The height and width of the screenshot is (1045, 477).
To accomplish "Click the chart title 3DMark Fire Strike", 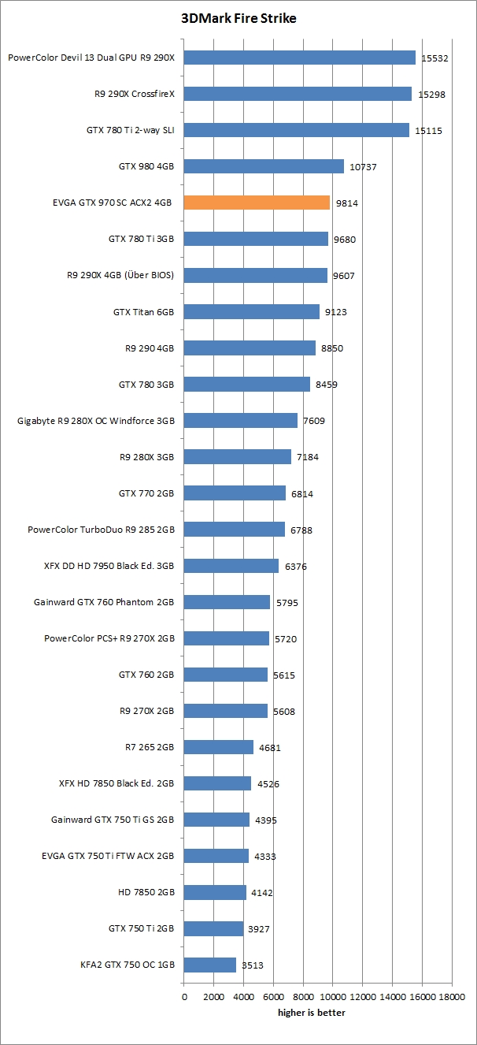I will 238,18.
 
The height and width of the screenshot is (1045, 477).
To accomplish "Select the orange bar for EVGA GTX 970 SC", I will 257,203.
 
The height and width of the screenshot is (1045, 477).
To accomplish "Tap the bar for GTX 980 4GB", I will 264,166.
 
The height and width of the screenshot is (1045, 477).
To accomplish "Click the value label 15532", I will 435,58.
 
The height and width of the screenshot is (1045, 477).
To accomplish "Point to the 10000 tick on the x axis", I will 333,995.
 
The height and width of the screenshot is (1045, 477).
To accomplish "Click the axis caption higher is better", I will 311,1013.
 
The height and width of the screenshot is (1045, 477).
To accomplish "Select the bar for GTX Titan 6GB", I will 252,312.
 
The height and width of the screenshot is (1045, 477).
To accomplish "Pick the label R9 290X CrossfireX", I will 134,94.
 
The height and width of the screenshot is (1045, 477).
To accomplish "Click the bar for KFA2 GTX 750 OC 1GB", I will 210,965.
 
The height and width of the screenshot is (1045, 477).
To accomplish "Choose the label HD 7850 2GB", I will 146,892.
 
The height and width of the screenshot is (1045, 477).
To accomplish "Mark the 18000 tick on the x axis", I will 451,995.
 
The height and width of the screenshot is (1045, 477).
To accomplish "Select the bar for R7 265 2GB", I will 219,747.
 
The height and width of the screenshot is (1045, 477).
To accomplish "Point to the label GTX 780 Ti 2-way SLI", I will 130,130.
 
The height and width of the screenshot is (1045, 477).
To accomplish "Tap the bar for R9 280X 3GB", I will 237,456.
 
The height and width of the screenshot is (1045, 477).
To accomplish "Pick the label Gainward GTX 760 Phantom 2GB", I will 104,602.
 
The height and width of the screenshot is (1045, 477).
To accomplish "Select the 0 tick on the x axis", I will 184,995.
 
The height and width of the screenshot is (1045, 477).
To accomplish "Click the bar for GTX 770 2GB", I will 235,493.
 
